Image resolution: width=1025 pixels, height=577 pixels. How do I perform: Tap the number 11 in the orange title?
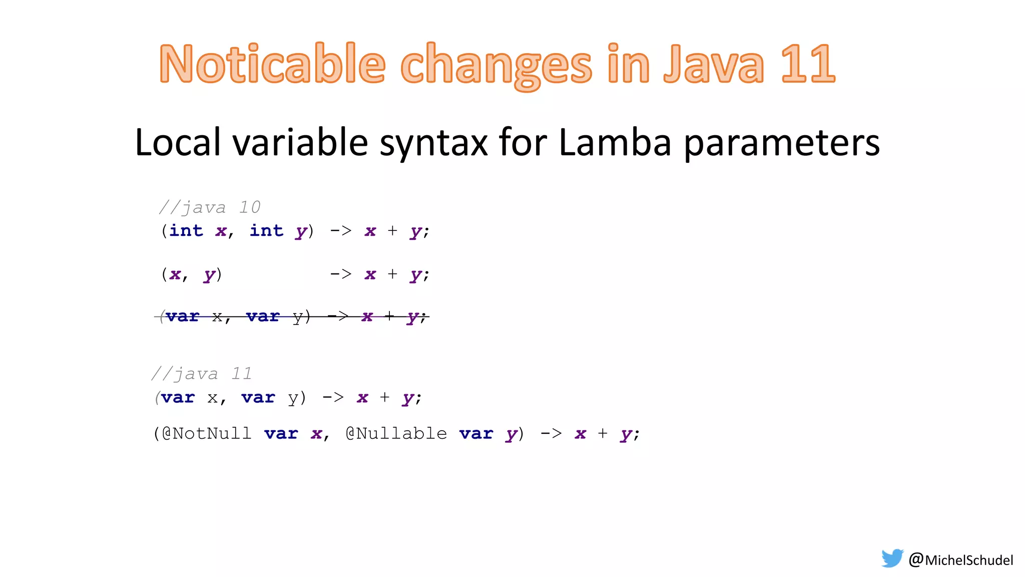[x=807, y=64]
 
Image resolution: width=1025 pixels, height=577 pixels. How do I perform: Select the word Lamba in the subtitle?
[x=614, y=143]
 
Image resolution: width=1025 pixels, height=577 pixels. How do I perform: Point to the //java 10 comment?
[x=210, y=207]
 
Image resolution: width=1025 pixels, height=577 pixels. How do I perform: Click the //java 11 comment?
[x=202, y=374]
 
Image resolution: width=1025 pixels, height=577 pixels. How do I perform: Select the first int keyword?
[x=186, y=231]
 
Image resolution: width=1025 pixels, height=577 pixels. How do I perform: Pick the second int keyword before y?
[x=266, y=231]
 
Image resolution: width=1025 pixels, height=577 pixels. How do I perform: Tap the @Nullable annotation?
[x=396, y=433]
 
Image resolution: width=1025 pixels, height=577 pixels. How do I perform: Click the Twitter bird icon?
[x=892, y=558]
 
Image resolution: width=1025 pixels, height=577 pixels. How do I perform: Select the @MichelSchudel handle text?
[x=961, y=559]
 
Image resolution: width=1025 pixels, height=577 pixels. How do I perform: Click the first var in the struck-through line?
[x=182, y=317]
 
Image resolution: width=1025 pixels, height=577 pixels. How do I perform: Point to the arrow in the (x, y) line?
[x=341, y=274]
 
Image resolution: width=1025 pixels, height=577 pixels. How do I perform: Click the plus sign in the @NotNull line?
[x=603, y=433]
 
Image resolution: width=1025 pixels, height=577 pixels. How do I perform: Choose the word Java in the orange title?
[x=714, y=64]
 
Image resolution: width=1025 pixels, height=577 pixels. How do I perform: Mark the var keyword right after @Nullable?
[x=476, y=433]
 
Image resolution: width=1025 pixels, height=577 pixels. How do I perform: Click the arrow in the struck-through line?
[x=338, y=317]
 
